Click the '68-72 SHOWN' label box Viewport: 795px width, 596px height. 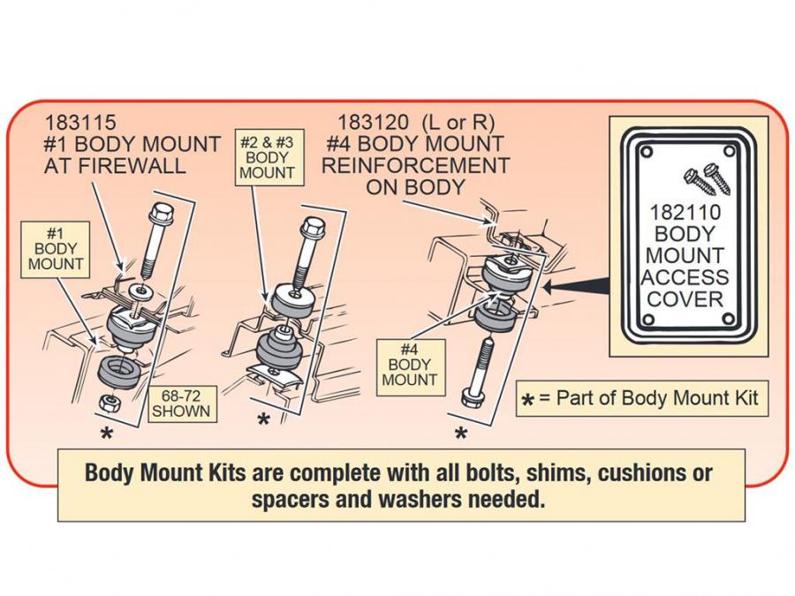coord(180,403)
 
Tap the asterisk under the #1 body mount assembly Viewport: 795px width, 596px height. coord(107,434)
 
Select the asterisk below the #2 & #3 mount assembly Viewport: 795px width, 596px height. coord(262,421)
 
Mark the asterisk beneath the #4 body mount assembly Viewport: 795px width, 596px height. coord(460,434)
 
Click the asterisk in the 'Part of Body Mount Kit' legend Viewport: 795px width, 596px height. coord(527,402)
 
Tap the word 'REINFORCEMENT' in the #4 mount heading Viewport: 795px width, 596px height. coord(415,165)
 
